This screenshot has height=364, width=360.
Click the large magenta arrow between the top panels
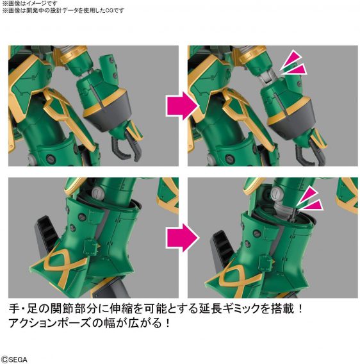click(x=183, y=106)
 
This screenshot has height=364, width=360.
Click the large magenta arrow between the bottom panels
click(x=183, y=238)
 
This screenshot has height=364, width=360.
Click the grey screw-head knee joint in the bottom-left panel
click(x=97, y=192)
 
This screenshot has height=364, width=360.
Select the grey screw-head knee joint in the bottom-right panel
click(x=275, y=192)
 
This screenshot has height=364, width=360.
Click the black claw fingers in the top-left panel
click(x=126, y=147)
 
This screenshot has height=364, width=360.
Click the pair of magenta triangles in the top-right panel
click(x=293, y=63)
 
